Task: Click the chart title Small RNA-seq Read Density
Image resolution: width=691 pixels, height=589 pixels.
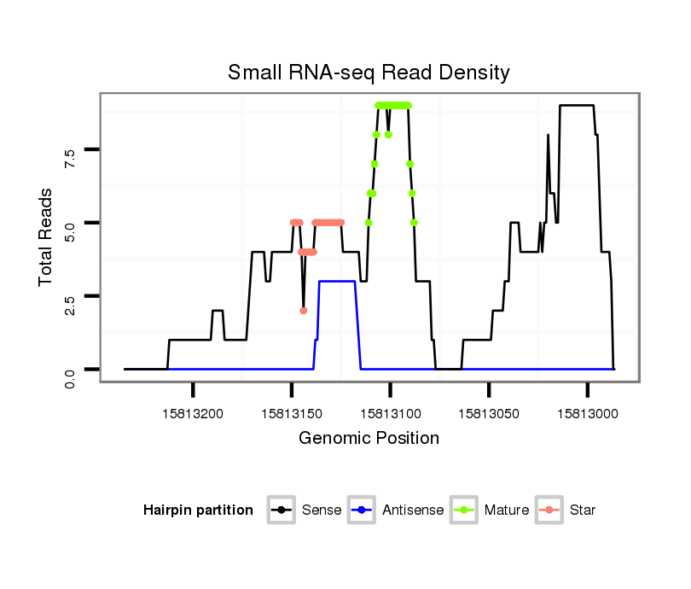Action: pyautogui.click(x=369, y=73)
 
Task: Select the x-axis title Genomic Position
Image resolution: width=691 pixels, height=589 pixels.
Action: pyautogui.click(x=369, y=439)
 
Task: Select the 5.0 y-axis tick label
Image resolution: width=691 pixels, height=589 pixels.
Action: pyautogui.click(x=70, y=223)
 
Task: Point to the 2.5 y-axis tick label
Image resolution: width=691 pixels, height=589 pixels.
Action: pyautogui.click(x=70, y=295)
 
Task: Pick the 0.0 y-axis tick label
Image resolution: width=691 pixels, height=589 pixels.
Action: pyautogui.click(x=70, y=369)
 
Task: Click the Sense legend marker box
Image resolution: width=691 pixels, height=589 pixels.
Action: pyautogui.click(x=282, y=510)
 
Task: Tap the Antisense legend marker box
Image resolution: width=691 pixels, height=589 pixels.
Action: pyautogui.click(x=362, y=510)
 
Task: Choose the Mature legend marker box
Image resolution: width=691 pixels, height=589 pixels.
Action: pyautogui.click(x=464, y=510)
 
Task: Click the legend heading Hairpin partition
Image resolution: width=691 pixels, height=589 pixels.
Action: pyautogui.click(x=198, y=510)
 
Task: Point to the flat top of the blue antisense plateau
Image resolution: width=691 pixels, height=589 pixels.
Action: pyautogui.click(x=337, y=281)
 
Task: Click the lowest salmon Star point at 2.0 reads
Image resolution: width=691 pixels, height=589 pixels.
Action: pyautogui.click(x=303, y=310)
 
